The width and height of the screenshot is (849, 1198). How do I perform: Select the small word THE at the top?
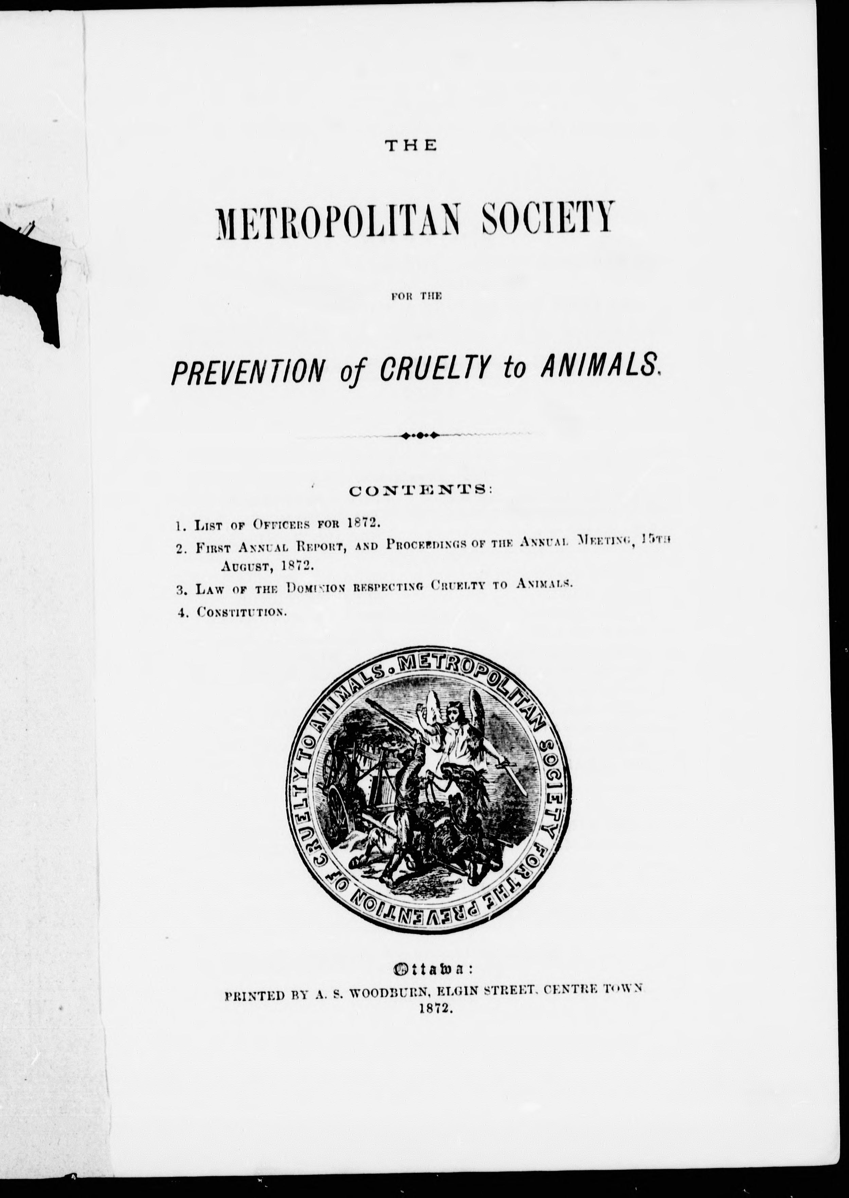pos(410,146)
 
